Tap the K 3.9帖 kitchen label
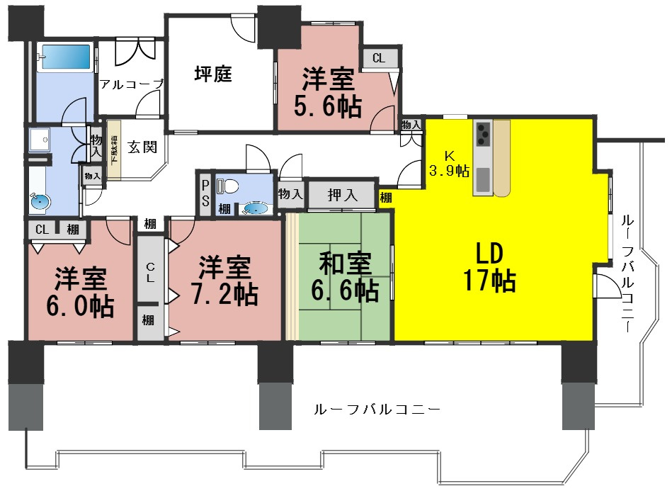tap(448, 164)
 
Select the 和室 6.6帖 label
tap(346, 276)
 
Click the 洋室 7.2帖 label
tap(224, 280)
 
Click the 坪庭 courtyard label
tap(213, 74)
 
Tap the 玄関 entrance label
tap(142, 147)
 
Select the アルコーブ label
tap(132, 84)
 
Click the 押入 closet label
tap(342, 194)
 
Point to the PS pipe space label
tap(205, 193)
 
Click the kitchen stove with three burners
tap(483, 132)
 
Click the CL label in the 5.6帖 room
tap(379, 59)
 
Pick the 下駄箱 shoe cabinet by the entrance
tap(114, 155)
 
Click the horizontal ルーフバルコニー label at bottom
tap(377, 410)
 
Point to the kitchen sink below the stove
tap(482, 179)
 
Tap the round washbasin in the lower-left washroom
tap(40, 201)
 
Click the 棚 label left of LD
tap(385, 198)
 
